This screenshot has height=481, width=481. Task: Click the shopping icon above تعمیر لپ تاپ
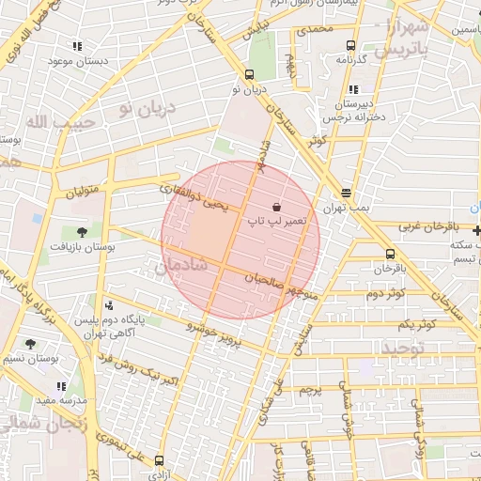(277, 206)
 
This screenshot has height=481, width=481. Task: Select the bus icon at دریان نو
(249, 75)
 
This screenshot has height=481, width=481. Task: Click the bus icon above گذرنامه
(350, 45)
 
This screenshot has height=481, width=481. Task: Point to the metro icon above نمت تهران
(347, 193)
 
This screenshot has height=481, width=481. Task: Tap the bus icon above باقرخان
(390, 254)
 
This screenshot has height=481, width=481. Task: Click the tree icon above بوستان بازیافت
(83, 231)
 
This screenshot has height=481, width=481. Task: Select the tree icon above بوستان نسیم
(30, 345)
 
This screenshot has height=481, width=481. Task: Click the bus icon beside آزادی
(159, 460)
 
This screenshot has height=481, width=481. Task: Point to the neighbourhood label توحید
(403, 349)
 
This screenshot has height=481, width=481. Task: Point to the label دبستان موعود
(112, 60)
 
